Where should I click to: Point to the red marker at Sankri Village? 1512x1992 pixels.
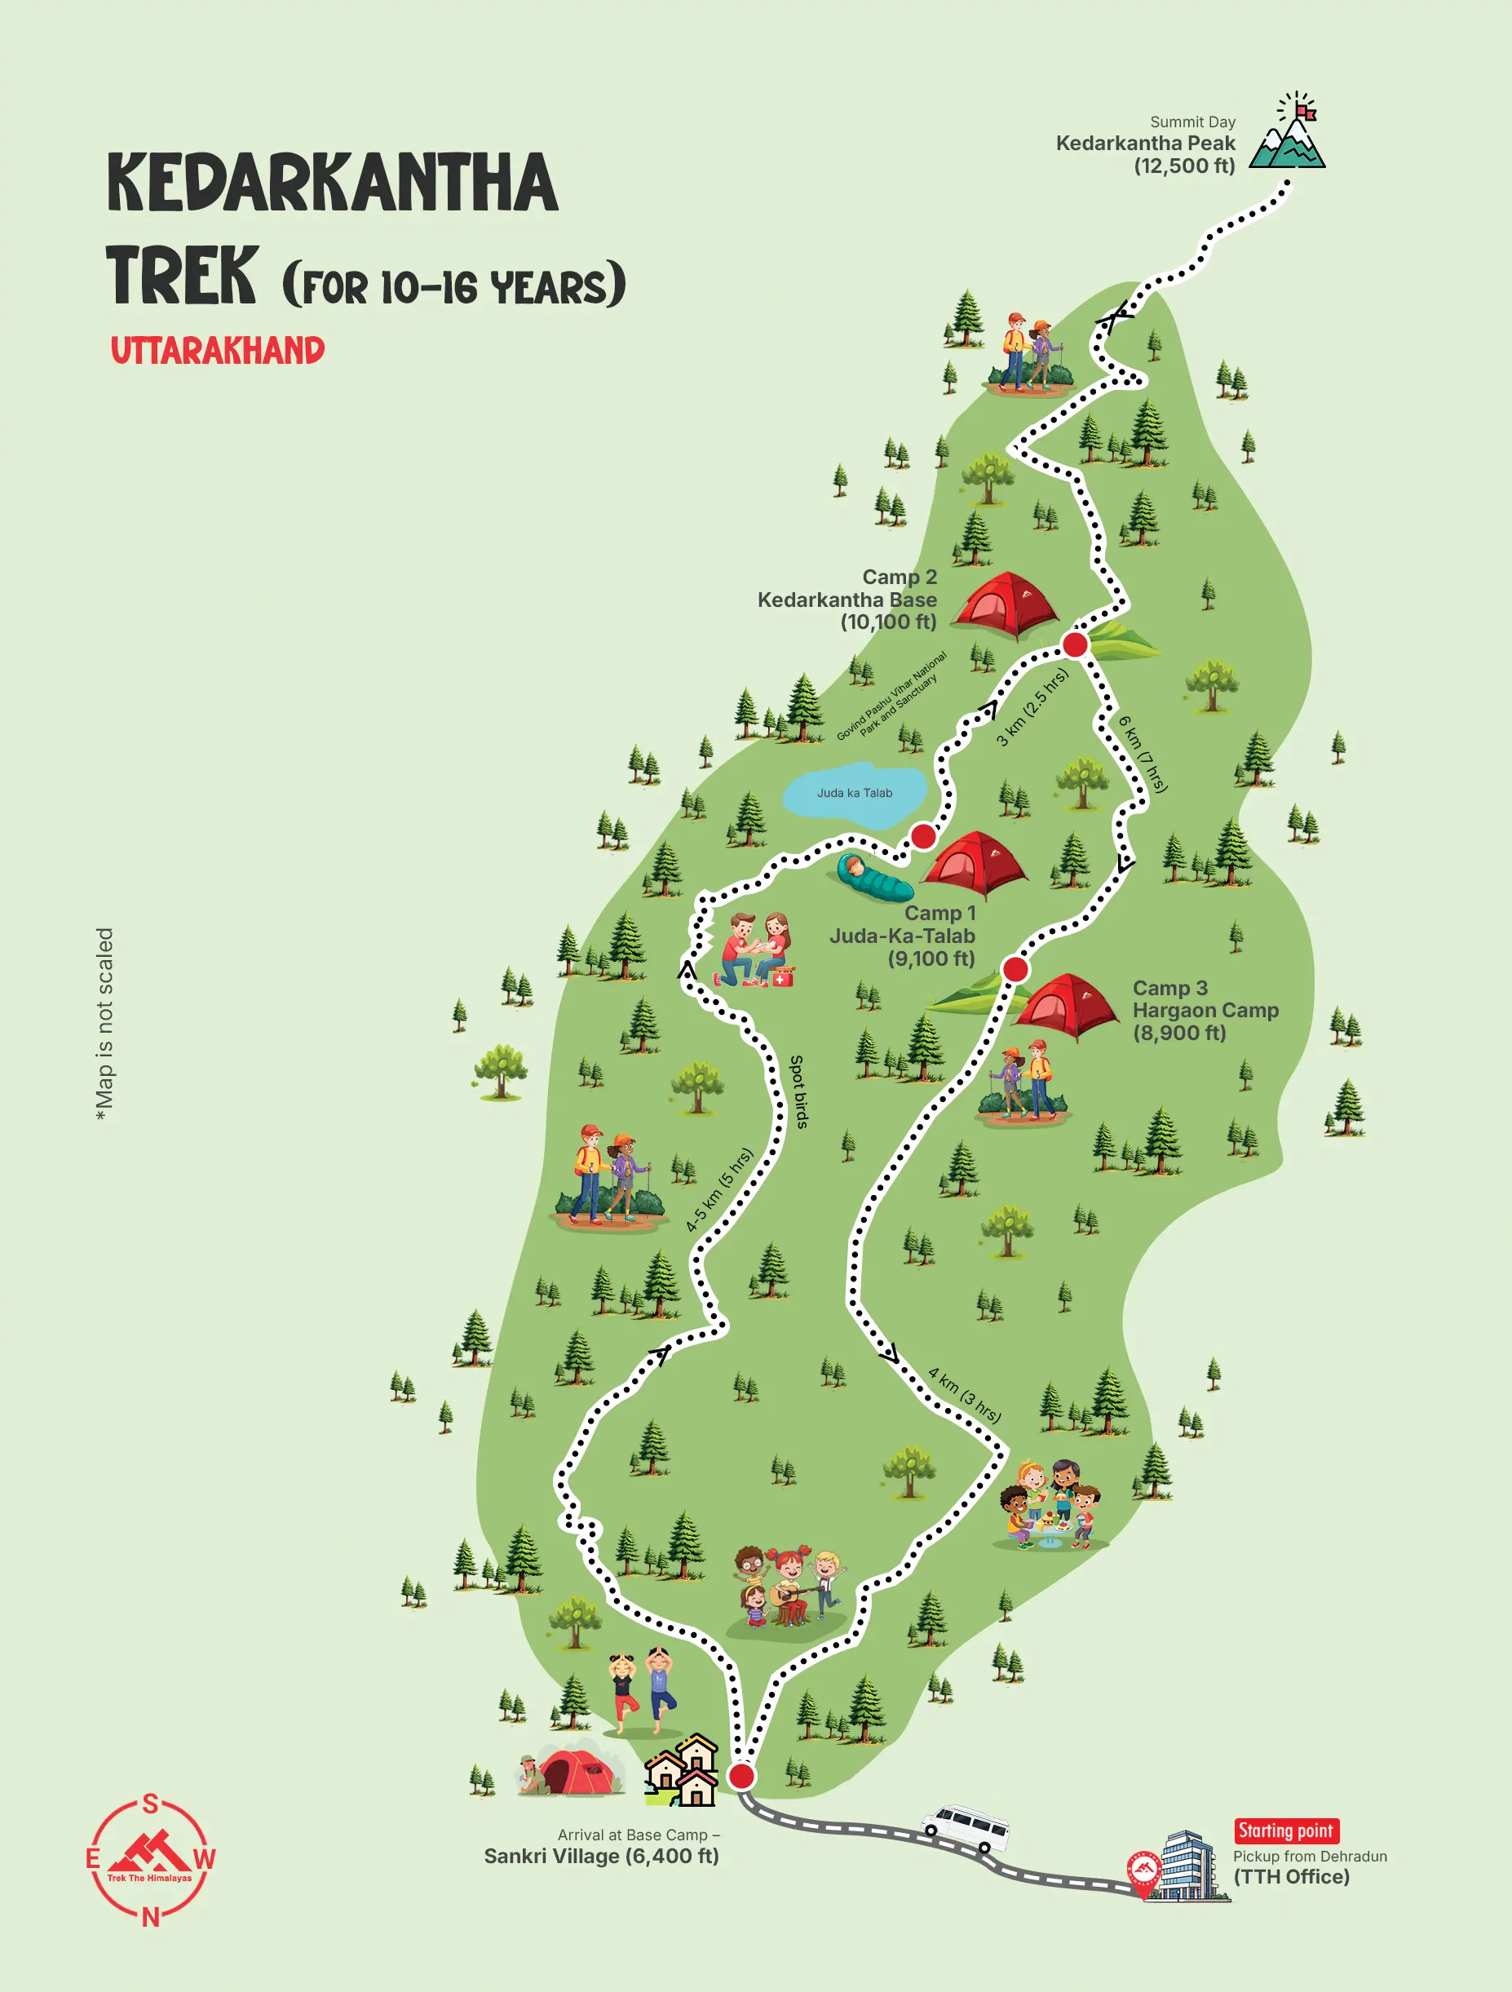point(741,1775)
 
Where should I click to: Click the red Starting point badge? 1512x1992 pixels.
point(1285,1830)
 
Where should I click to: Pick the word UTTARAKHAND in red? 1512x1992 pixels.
point(217,350)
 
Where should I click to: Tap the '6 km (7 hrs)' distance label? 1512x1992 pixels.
point(1143,754)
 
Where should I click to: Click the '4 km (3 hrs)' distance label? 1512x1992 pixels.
point(965,1395)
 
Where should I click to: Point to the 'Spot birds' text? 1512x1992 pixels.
point(798,1091)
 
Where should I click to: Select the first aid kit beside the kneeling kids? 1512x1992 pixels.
point(783,976)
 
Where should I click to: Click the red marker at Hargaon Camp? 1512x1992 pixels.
point(1015,969)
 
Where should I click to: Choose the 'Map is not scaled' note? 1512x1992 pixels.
point(104,1024)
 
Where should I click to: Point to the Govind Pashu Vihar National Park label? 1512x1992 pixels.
point(891,695)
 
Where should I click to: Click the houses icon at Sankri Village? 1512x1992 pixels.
point(683,1770)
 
